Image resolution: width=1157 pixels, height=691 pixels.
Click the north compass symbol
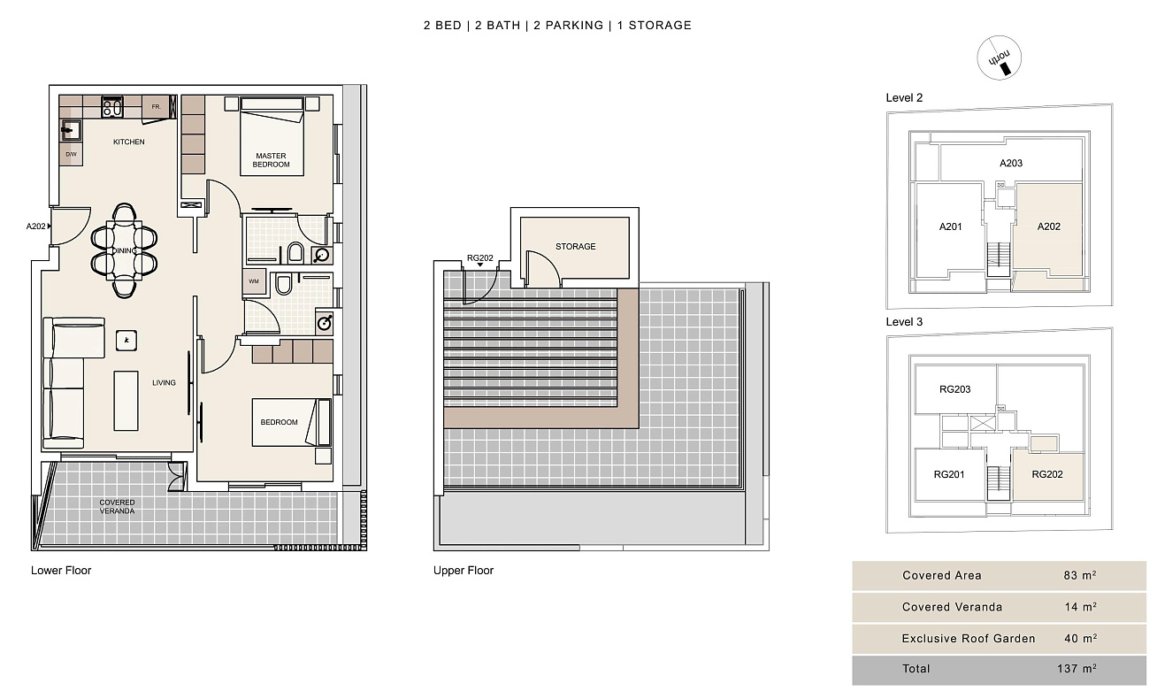tap(999, 58)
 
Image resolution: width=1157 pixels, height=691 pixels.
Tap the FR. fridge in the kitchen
tap(156, 107)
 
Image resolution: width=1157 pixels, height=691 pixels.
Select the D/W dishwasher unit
tap(72, 154)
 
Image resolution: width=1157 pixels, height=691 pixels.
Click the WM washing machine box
tap(254, 281)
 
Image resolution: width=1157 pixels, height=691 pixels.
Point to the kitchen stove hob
tap(112, 107)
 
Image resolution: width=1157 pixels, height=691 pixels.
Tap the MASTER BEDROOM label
tap(271, 160)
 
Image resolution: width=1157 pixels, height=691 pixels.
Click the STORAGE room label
tap(575, 247)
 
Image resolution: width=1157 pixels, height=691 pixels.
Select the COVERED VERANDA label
tap(118, 506)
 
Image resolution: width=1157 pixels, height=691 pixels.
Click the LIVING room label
tap(164, 383)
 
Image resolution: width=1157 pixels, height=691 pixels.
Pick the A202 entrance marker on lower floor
tap(39, 226)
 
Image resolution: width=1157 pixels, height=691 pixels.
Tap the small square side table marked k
tap(126, 341)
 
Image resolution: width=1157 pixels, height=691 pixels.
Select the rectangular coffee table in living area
tap(126, 401)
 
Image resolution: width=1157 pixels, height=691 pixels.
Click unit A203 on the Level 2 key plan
tap(1011, 164)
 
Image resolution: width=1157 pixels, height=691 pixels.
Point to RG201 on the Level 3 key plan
tap(949, 474)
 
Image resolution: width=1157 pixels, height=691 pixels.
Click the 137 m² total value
tap(1077, 669)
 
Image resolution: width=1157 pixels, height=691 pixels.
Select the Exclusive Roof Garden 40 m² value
tap(1081, 638)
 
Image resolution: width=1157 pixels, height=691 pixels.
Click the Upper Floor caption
tap(464, 571)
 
